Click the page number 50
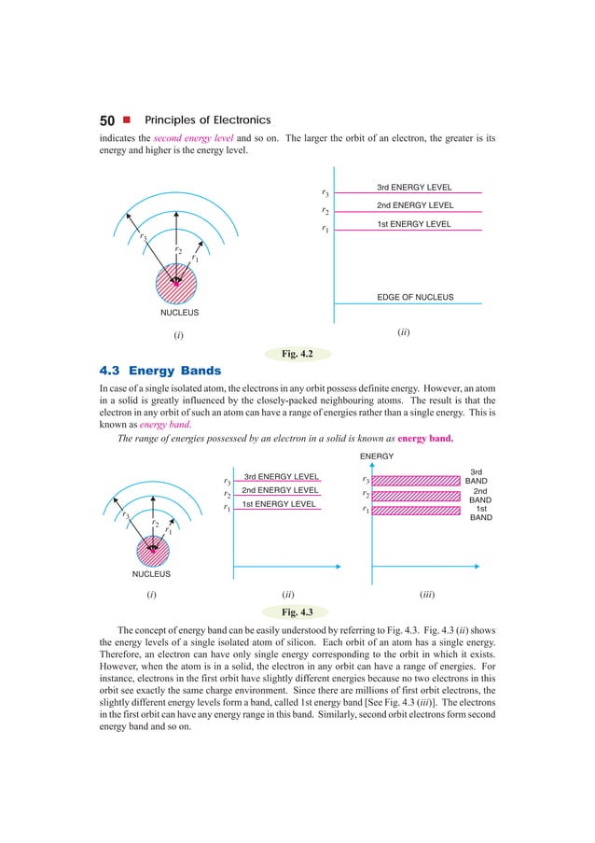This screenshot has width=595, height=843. point(108,120)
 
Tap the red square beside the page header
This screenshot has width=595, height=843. point(127,120)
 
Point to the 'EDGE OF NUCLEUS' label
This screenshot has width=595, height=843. point(415,298)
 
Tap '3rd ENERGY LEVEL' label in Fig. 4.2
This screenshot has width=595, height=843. point(414,188)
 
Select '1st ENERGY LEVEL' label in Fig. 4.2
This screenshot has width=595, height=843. point(413,224)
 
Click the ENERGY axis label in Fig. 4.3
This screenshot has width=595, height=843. point(377,457)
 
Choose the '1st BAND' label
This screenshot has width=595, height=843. point(481,513)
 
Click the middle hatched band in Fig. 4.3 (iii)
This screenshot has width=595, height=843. point(413,495)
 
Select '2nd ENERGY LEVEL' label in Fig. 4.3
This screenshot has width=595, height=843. point(280,490)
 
